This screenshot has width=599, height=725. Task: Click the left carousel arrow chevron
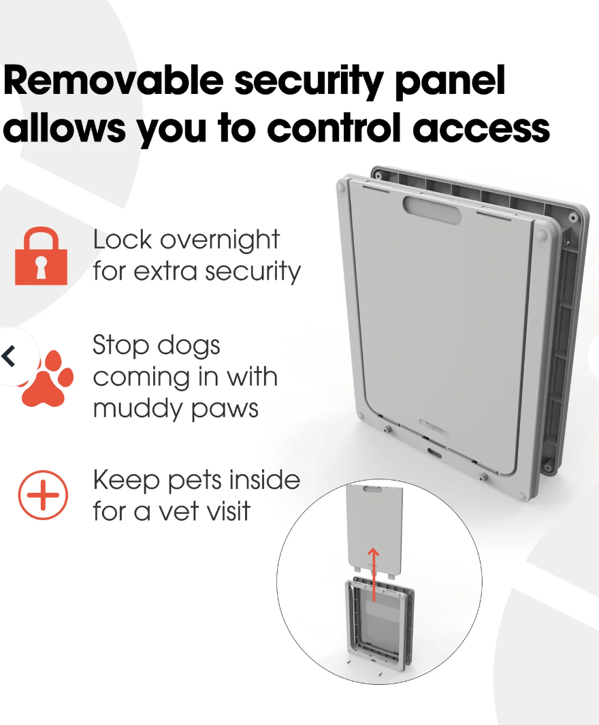pyautogui.click(x=10, y=355)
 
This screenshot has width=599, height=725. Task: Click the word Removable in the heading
pyautogui.click(x=113, y=81)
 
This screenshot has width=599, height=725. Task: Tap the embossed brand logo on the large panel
pyautogui.click(x=434, y=425)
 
